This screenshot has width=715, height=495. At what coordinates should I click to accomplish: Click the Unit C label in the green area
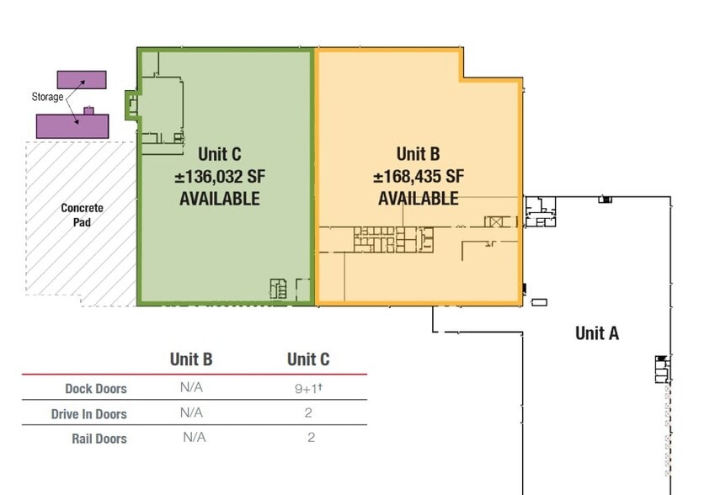(x=220, y=154)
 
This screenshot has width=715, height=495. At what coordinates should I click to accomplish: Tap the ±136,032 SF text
(x=220, y=177)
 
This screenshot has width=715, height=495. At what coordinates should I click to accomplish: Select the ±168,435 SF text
(x=419, y=177)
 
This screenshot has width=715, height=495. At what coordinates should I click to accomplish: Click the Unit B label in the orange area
(x=419, y=154)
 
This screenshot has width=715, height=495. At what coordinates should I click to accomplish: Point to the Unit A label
(x=597, y=333)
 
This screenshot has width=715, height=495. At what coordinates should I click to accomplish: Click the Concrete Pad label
(x=82, y=216)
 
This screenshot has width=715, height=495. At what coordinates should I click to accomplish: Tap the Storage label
(x=48, y=97)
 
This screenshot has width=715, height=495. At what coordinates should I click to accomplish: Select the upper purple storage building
(x=82, y=80)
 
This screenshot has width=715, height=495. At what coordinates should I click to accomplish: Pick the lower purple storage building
(x=72, y=125)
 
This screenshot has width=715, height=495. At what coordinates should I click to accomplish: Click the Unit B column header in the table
(x=191, y=359)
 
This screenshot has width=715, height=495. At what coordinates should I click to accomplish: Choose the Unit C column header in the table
(x=308, y=359)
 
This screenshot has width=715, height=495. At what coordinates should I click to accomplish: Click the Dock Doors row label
(x=96, y=389)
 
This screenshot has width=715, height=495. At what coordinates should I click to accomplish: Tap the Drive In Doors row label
(x=88, y=414)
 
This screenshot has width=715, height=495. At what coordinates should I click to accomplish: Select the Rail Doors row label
(x=99, y=439)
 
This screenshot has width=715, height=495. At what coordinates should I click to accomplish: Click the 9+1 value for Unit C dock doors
(x=307, y=388)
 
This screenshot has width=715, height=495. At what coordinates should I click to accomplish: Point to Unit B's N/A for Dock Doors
(x=191, y=388)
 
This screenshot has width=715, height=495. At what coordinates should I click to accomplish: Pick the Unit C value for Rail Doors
(x=310, y=438)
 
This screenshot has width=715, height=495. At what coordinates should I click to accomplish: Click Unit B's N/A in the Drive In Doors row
(x=191, y=413)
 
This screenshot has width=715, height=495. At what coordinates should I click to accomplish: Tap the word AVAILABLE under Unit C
(x=220, y=200)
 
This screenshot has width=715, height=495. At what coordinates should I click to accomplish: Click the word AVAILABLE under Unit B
(x=419, y=200)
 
